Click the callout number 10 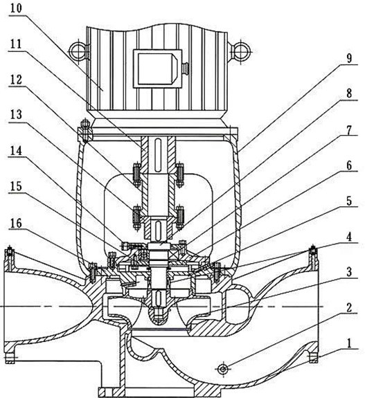16,8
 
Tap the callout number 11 16,44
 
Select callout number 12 16,80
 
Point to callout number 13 16,115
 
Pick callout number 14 16,151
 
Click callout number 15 16,187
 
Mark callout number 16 16,224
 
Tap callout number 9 349,58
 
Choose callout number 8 349,93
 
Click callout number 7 349,130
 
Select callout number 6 349,165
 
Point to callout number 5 349,201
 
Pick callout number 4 349,237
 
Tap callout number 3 349,272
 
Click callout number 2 349,308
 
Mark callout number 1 349,343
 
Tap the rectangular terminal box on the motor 158,69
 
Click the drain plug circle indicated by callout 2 223,368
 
